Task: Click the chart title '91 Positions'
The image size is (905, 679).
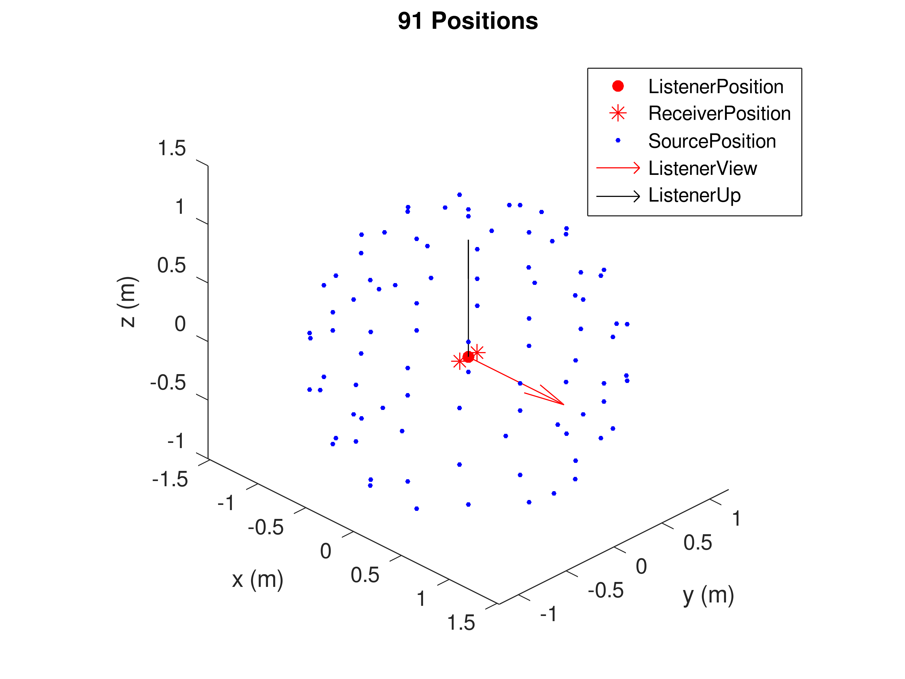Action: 468,21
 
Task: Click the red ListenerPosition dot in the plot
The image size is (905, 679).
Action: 468,357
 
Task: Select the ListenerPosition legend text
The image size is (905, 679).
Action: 716,87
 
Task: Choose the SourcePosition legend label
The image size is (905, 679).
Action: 712,141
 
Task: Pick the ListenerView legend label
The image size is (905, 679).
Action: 702,168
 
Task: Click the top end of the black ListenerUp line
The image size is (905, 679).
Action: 468,241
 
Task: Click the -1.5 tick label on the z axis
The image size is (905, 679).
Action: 170,479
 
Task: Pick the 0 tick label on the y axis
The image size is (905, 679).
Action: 641,566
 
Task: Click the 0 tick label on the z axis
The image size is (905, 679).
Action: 180,324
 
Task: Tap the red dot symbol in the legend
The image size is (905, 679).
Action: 618,86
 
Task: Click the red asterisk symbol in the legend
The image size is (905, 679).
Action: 618,113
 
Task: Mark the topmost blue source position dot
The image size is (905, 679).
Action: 459,195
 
